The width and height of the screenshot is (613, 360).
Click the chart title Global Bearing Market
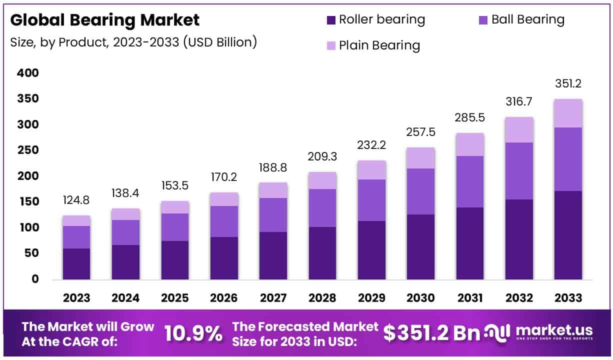click(105, 20)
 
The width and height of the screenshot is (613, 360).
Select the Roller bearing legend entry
click(375, 20)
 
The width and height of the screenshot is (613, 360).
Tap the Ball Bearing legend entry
click(521, 20)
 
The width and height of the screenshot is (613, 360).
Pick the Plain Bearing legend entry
click(373, 45)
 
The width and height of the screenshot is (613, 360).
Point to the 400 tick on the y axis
click(28, 73)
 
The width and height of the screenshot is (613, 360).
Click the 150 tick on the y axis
click(28, 202)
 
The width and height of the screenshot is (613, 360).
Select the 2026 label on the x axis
click(223, 298)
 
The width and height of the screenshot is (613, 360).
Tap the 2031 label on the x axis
click(469, 298)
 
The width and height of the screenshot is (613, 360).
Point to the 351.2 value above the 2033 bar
click(568, 83)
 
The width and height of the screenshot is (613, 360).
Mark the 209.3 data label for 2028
click(322, 157)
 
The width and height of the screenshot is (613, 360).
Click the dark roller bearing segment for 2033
click(568, 235)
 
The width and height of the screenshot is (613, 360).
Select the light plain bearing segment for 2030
click(420, 158)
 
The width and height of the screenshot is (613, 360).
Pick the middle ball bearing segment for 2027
click(273, 215)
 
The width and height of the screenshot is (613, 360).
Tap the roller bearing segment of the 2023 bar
click(76, 263)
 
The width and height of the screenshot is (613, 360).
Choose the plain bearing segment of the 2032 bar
click(519, 130)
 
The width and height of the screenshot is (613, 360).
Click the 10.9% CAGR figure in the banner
click(193, 334)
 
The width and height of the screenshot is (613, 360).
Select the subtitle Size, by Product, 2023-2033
click(133, 42)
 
